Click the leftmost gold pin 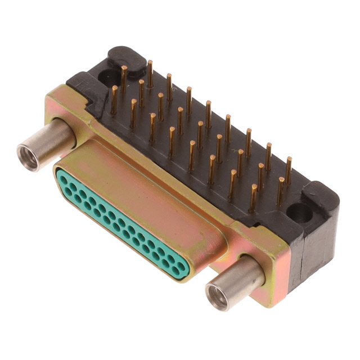[115, 99]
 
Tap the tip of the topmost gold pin [150, 62]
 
